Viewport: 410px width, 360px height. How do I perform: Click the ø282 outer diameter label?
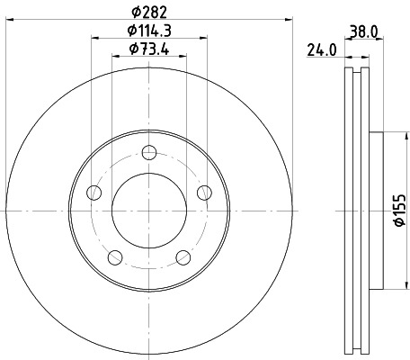point(148,12)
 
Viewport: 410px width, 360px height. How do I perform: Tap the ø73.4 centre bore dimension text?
point(148,49)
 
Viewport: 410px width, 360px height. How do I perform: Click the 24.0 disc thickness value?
point(321,50)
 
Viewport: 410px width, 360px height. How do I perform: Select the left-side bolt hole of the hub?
point(93,191)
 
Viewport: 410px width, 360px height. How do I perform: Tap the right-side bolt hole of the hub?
point(203,191)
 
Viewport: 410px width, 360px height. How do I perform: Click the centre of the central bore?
point(148,211)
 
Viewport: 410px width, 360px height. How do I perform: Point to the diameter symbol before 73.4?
point(132,49)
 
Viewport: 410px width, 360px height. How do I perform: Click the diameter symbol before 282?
point(136,12)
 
